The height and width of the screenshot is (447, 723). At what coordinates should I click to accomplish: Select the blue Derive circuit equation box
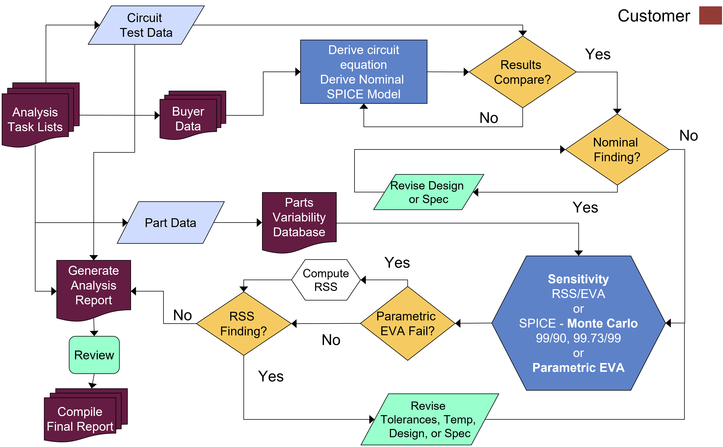(364, 72)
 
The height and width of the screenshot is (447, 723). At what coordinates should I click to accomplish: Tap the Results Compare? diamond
(522, 72)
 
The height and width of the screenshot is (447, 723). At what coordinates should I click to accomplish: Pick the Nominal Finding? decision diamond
(617, 150)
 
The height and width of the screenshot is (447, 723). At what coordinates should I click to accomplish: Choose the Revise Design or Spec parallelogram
(428, 192)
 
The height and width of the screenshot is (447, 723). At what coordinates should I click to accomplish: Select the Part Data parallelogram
(170, 223)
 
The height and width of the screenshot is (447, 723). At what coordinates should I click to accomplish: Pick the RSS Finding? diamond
(243, 324)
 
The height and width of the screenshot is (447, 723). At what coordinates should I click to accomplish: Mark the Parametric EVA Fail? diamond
(407, 324)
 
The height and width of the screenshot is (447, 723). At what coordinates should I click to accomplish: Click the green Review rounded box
(94, 355)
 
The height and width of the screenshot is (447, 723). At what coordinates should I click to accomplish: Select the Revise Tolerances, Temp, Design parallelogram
(429, 419)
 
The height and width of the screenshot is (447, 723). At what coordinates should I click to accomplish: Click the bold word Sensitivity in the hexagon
(578, 279)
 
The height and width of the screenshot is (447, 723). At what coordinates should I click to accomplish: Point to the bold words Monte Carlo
(602, 323)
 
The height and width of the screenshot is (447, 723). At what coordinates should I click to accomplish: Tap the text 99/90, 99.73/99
(578, 338)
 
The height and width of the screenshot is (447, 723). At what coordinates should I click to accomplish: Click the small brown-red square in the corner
(711, 15)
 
